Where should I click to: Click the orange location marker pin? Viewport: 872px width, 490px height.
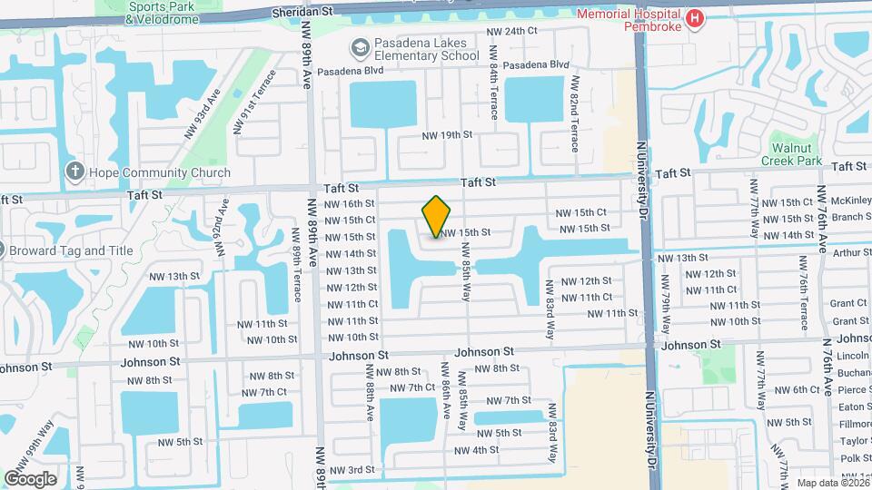click(x=437, y=217)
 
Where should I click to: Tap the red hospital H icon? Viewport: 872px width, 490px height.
click(x=696, y=18)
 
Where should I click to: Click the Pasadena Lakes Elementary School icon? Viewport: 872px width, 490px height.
click(x=360, y=47)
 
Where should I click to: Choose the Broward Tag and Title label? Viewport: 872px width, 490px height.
click(x=71, y=250)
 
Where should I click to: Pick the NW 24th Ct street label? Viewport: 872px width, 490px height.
click(x=513, y=32)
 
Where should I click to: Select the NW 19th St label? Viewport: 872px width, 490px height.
click(x=448, y=135)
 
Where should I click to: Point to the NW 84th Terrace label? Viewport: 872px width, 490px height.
click(x=494, y=91)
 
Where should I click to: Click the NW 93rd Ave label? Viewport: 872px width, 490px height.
click(x=202, y=114)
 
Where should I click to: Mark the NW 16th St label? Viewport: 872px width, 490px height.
click(x=350, y=204)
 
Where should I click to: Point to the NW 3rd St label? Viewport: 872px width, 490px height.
click(x=352, y=469)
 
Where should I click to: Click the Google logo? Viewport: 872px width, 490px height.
click(x=30, y=478)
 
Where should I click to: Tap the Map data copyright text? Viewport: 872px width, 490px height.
click(x=832, y=483)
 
